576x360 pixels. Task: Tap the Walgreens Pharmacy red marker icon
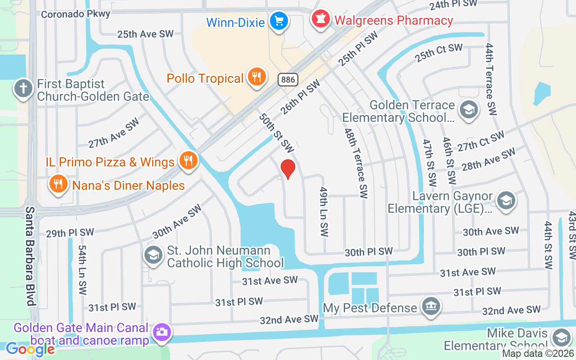(320, 20)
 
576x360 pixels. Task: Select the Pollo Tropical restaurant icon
(256, 77)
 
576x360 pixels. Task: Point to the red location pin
(288, 169)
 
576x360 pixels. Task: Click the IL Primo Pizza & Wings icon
(188, 161)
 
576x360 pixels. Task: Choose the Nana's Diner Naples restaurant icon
(58, 184)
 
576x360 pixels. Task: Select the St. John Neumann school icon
(153, 255)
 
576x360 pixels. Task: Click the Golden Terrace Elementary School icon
(468, 109)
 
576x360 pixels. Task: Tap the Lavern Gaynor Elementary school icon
(506, 200)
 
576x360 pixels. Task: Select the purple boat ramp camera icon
(162, 333)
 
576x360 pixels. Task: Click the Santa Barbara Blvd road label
(30, 256)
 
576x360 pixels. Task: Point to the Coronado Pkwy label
(75, 14)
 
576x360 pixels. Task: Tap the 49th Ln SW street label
(324, 211)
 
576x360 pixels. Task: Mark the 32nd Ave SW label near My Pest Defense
(511, 310)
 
